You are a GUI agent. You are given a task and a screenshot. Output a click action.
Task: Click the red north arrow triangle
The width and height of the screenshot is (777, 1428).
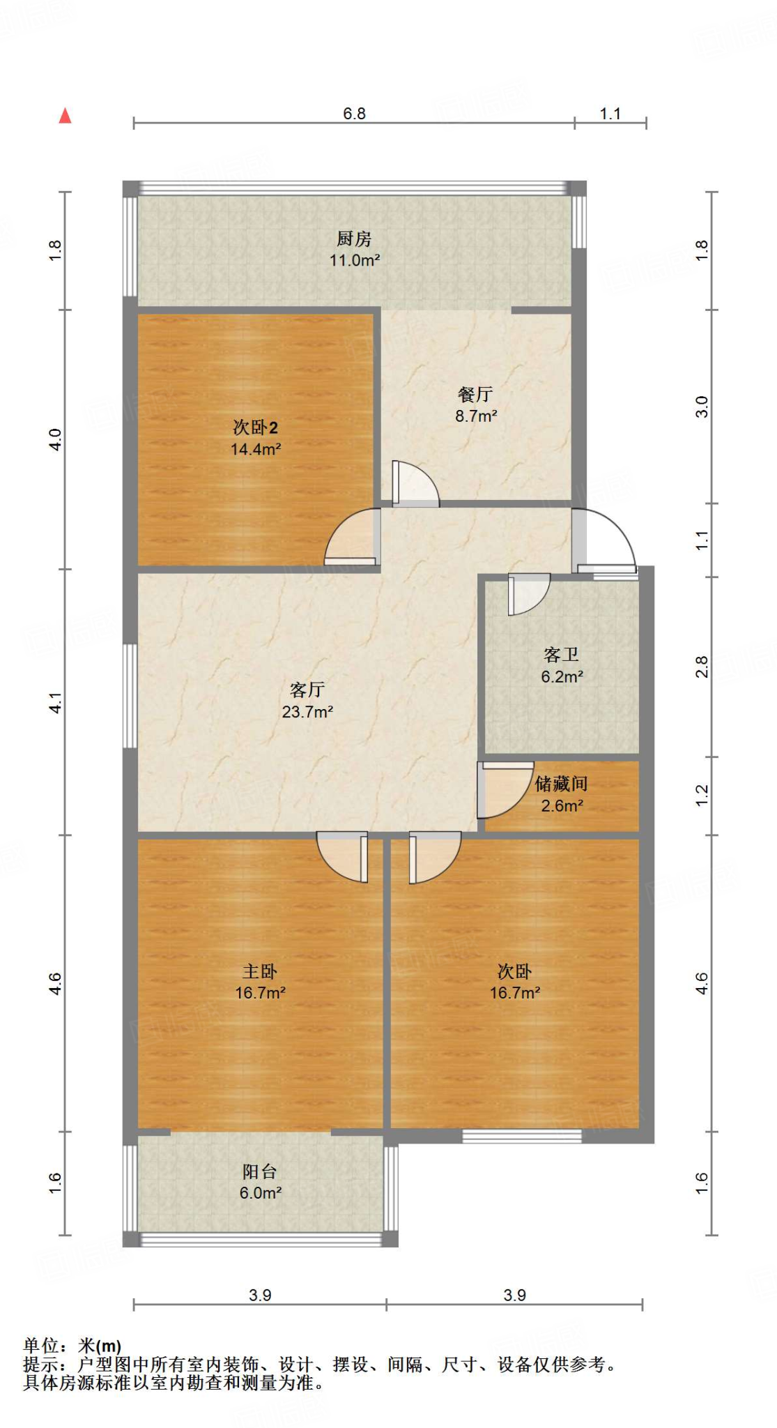tap(65, 116)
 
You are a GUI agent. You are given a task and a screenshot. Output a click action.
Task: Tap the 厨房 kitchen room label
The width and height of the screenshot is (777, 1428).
tap(354, 239)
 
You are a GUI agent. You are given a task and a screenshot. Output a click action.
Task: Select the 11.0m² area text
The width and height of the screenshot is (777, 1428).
tap(354, 261)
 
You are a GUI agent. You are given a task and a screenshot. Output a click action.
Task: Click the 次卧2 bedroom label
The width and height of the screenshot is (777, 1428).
tap(255, 427)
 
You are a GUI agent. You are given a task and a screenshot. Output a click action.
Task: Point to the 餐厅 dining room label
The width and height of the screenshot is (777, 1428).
tap(475, 395)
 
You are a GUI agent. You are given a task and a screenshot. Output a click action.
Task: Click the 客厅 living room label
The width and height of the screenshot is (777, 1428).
tap(307, 690)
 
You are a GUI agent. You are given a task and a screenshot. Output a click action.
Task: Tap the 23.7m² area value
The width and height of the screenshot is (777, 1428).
tap(307, 712)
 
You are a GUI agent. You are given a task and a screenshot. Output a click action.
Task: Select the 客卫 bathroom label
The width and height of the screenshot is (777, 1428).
tap(561, 655)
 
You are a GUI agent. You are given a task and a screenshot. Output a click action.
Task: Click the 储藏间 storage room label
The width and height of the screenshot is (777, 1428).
tap(561, 784)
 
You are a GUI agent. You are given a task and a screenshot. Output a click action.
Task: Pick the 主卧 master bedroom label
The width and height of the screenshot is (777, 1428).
tap(260, 971)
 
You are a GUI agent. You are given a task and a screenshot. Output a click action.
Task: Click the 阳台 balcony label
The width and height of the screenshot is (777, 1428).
tap(260, 1171)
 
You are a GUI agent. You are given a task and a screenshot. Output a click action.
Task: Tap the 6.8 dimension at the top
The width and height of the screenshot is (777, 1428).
tap(354, 114)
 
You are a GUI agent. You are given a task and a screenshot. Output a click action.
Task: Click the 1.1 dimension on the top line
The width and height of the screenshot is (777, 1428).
tap(610, 114)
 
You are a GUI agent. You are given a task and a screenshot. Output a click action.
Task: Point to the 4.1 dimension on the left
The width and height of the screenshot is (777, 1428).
tap(56, 702)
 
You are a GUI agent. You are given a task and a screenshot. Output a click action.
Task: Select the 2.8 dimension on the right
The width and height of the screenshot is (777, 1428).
tap(702, 667)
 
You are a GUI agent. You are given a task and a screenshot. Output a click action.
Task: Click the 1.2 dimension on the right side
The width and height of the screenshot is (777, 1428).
tap(702, 796)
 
